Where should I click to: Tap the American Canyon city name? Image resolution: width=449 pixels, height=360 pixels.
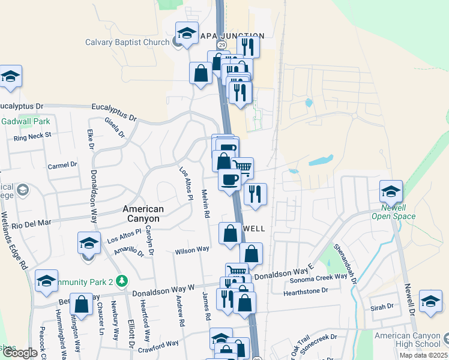click(143, 214)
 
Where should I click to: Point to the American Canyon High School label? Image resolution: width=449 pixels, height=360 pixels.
click(411, 340)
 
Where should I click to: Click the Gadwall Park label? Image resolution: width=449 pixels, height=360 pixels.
click(25, 121)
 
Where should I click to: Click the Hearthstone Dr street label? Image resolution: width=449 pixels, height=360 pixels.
click(300, 290)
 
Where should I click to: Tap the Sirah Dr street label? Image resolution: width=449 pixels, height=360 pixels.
click(381, 306)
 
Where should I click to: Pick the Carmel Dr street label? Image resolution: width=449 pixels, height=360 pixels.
click(62, 164)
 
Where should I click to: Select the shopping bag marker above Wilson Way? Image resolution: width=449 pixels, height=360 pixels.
click(230, 233)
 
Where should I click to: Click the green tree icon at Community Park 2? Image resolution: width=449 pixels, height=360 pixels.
click(122, 280)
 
